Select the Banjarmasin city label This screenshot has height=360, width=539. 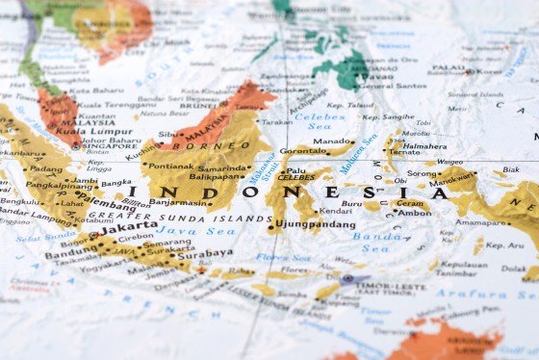pos(179,202)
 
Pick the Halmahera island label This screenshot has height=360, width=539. pos(423,146)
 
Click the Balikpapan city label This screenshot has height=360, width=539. pos(215,176)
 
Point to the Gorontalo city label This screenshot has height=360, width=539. pos(302,151)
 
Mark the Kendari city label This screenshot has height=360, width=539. pos(335,211)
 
